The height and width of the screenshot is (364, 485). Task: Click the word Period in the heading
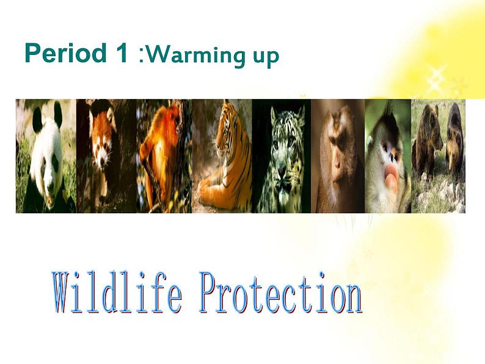tap(66, 53)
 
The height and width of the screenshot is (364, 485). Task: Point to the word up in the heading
tap(266, 58)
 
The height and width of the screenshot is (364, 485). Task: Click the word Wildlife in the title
tap(117, 293)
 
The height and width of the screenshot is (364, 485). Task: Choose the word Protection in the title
tap(280, 293)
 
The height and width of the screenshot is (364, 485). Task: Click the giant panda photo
tap(46, 156)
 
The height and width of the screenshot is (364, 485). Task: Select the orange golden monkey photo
tap(164, 156)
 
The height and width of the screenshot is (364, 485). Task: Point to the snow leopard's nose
tap(282, 169)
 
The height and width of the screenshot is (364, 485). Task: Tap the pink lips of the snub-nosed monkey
tap(391, 177)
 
